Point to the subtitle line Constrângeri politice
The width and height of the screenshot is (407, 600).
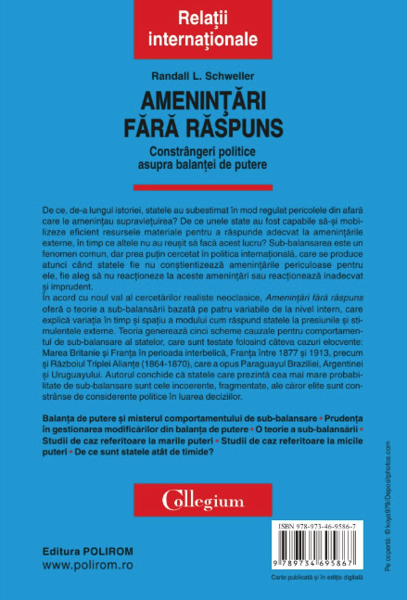(x=203, y=147)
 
